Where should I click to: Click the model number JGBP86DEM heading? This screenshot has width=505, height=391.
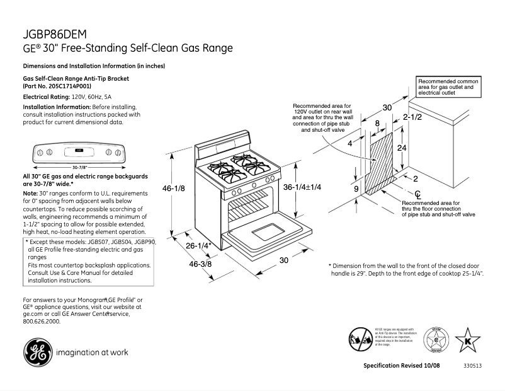tap(55, 34)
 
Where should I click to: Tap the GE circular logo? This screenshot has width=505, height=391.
tap(37, 352)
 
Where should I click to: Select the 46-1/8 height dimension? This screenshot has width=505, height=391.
tap(175, 188)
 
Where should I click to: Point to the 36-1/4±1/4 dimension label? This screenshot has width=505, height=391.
tap(302, 187)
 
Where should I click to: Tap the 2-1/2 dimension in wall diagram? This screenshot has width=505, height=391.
tap(412, 117)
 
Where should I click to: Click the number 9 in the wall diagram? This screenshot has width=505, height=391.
tap(356, 189)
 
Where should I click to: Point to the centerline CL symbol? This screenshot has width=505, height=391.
tap(417, 193)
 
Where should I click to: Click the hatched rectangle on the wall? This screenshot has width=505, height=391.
tap(382, 161)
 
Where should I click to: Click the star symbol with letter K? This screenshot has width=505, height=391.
tap(467, 341)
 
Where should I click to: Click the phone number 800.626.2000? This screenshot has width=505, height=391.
tap(42, 321)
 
